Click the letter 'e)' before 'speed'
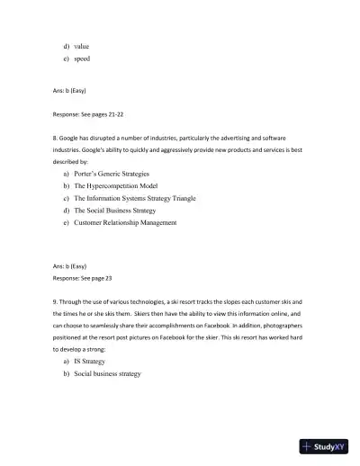(x=66, y=58)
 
